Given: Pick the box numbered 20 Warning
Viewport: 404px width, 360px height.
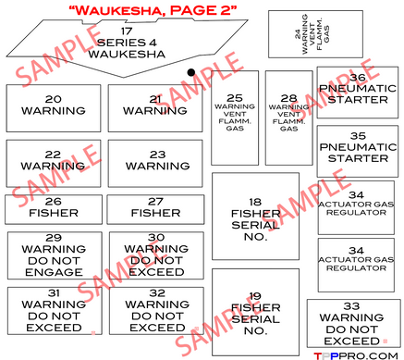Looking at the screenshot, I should pos(53,106).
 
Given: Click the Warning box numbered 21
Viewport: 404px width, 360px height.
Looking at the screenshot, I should pos(155,106).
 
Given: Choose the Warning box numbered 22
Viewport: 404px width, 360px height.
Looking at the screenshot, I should pos(53,161).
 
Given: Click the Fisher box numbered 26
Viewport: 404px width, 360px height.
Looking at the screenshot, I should pos(53,207).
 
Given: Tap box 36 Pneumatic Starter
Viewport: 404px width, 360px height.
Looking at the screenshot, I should pos(357,89).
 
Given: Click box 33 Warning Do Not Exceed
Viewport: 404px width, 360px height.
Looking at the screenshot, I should pos(354,322).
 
